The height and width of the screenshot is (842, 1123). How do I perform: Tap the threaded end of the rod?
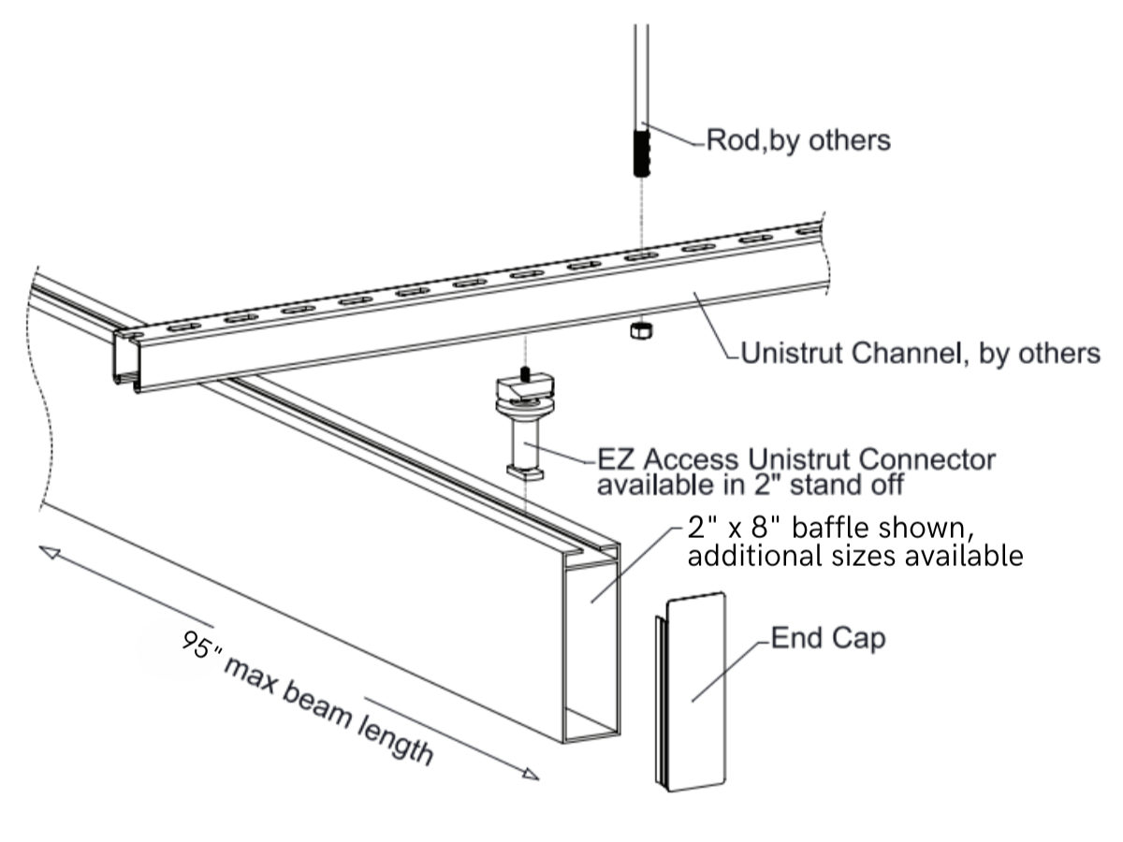(x=642, y=153)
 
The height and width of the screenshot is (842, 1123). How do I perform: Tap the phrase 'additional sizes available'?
(x=854, y=557)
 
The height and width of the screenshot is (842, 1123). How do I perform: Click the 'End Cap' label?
(x=828, y=641)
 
